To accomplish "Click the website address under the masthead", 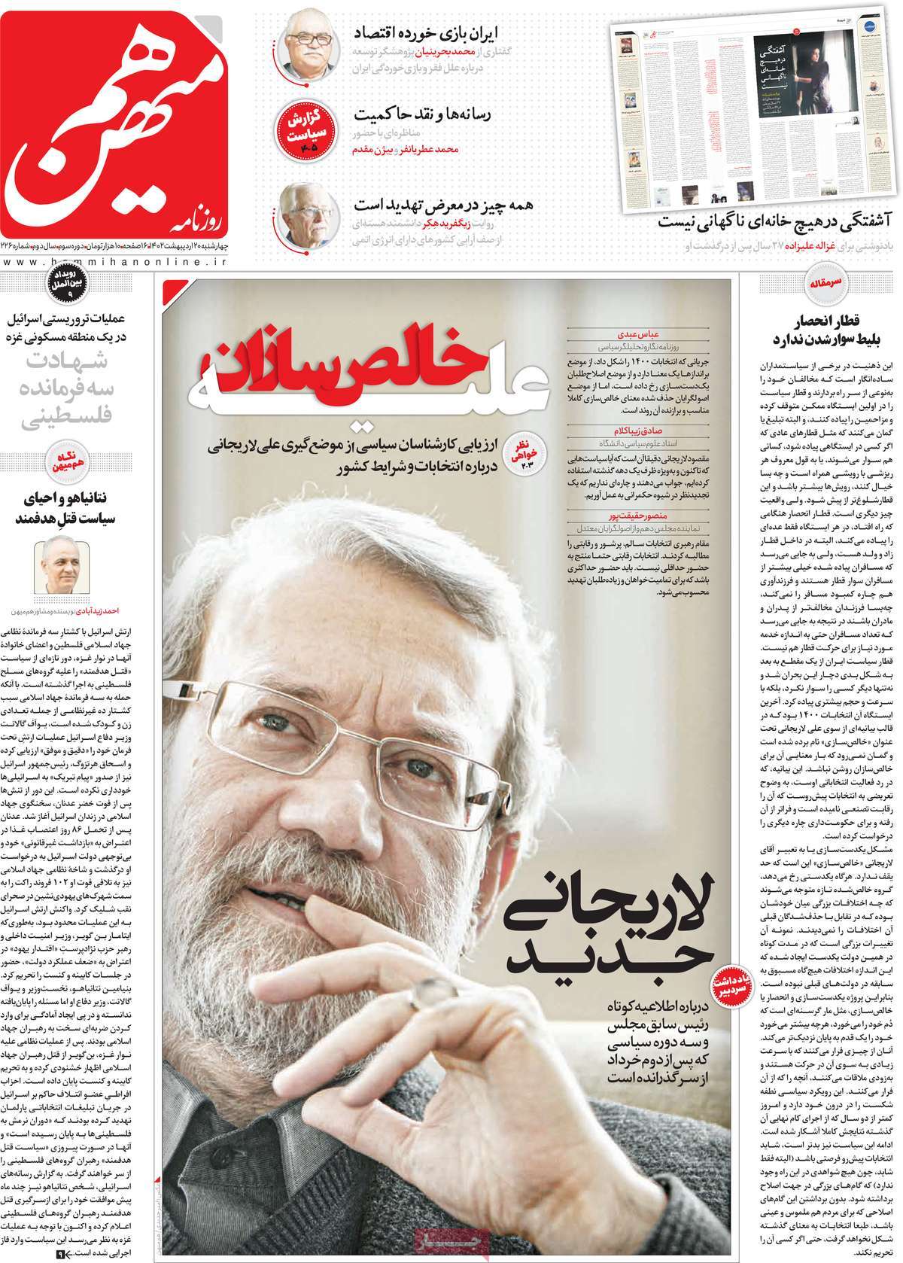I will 113,260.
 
